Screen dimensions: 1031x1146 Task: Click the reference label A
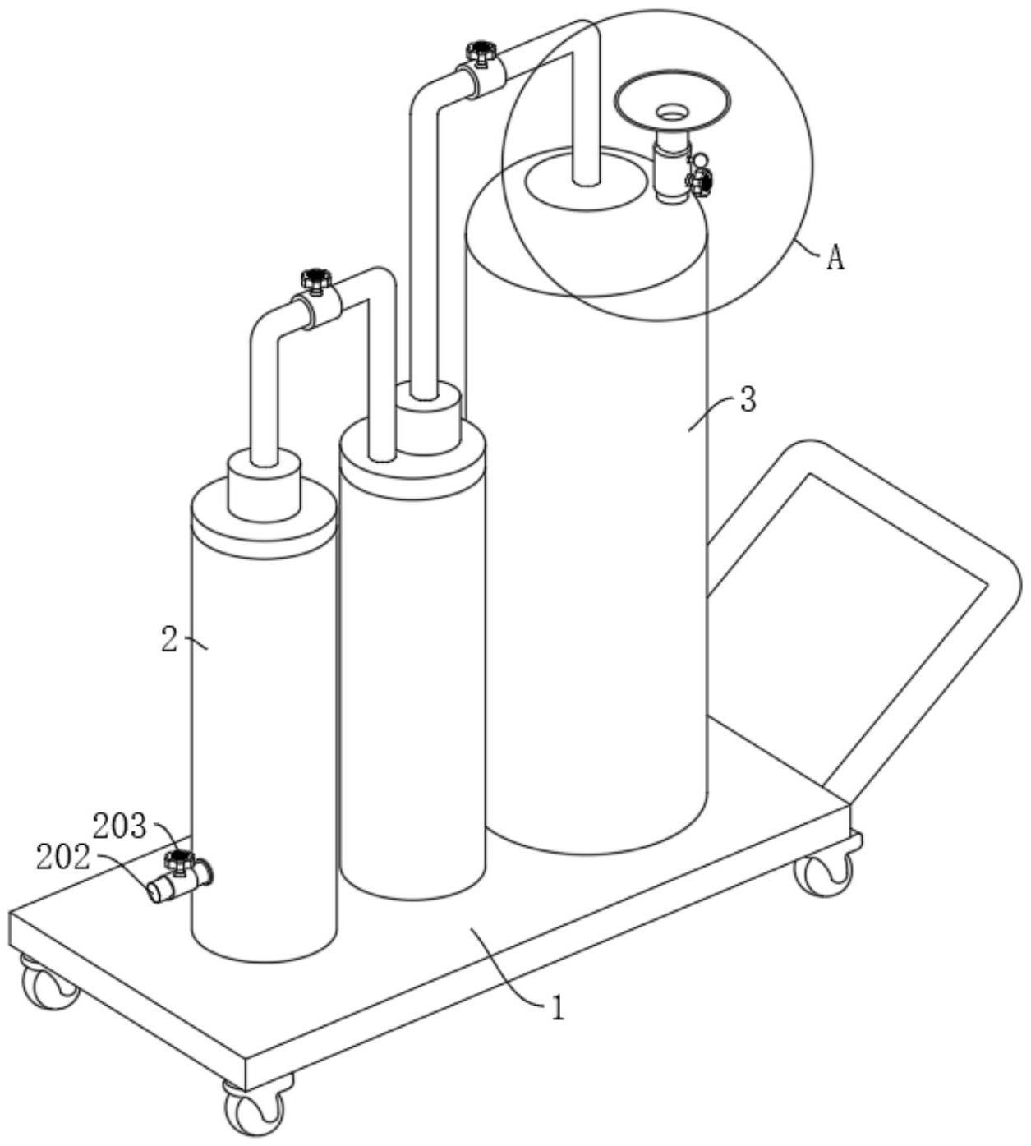(x=835, y=260)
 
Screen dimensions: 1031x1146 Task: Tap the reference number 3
(x=748, y=400)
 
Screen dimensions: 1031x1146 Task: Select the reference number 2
(x=170, y=641)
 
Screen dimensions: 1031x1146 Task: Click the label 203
(x=120, y=826)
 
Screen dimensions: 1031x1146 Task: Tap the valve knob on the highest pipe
(x=481, y=51)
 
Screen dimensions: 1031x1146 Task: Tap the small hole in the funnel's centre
(x=672, y=112)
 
